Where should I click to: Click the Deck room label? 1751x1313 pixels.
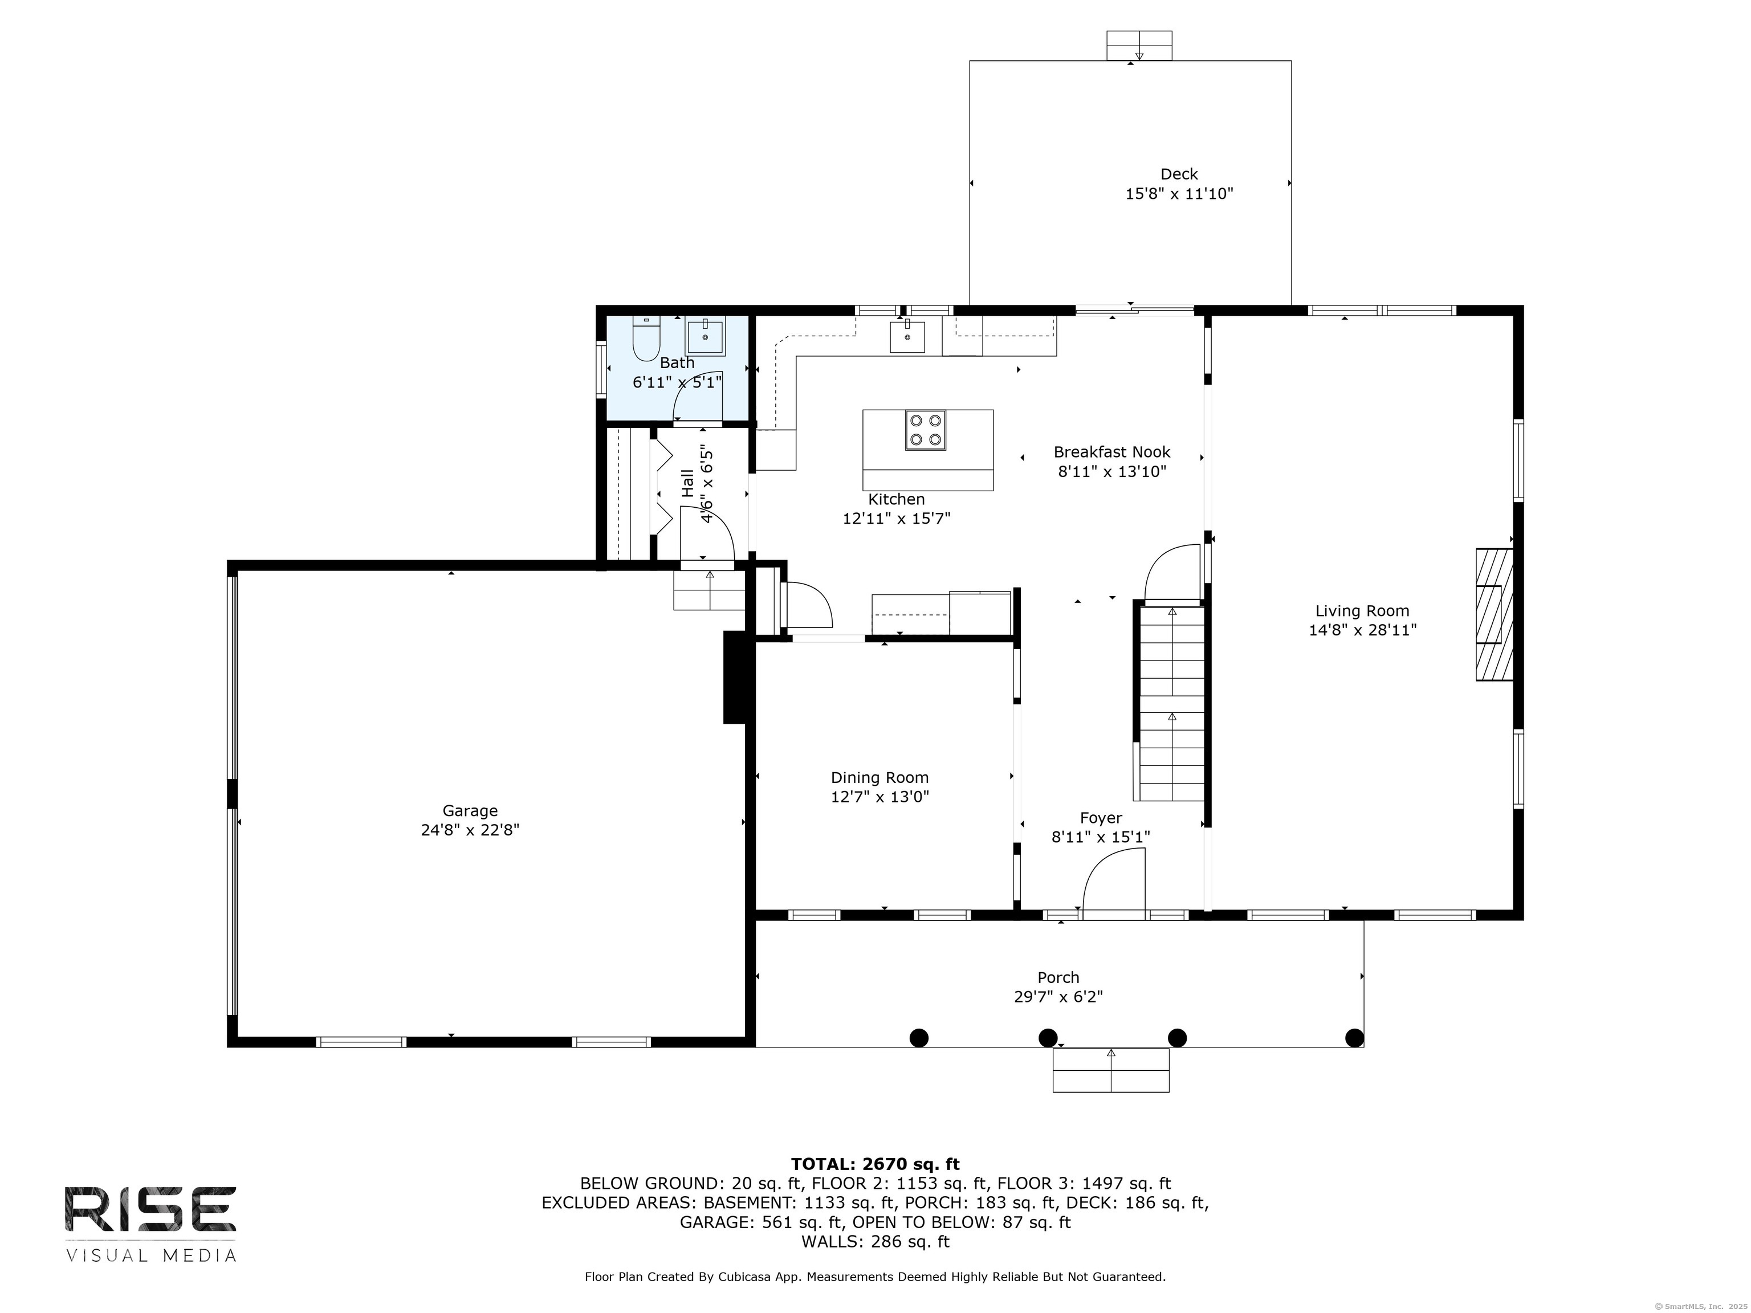(1179, 174)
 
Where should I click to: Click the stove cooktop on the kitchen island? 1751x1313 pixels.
(925, 431)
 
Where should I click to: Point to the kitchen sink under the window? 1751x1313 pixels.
(907, 336)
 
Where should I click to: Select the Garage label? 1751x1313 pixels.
(470, 810)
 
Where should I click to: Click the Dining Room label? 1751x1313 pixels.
(879, 778)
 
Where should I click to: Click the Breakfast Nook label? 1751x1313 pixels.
(1111, 452)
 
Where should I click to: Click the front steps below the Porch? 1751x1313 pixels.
(1110, 1070)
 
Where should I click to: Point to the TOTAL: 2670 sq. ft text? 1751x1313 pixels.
(875, 1164)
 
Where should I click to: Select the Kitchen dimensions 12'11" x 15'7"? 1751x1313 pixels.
(896, 519)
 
